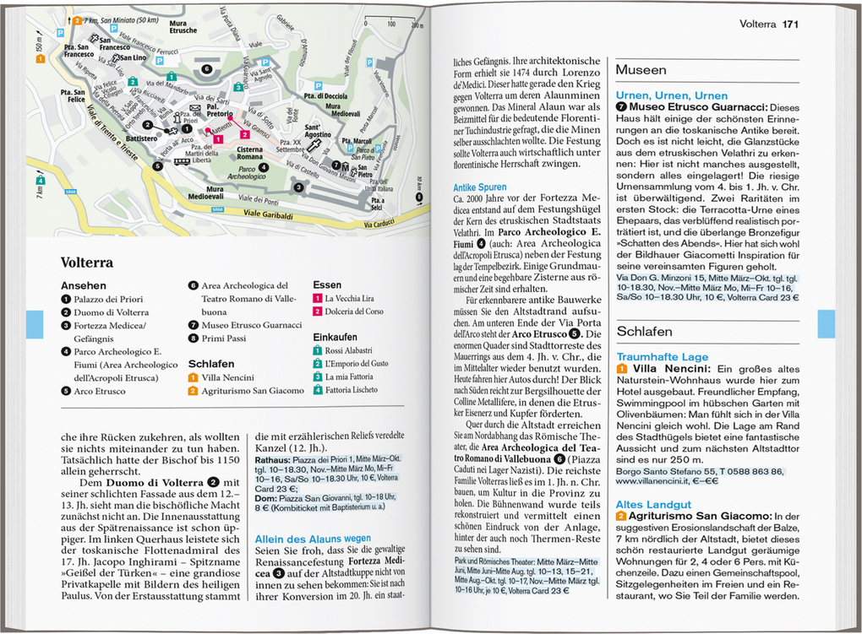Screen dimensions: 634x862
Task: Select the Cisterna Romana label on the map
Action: coord(249,153)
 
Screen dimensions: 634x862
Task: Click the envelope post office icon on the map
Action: coord(194,108)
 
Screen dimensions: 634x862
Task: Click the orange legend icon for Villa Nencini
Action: coord(193,377)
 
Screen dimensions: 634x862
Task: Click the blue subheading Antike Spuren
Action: coord(480,187)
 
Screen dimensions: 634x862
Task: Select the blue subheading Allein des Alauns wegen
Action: coord(313,538)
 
